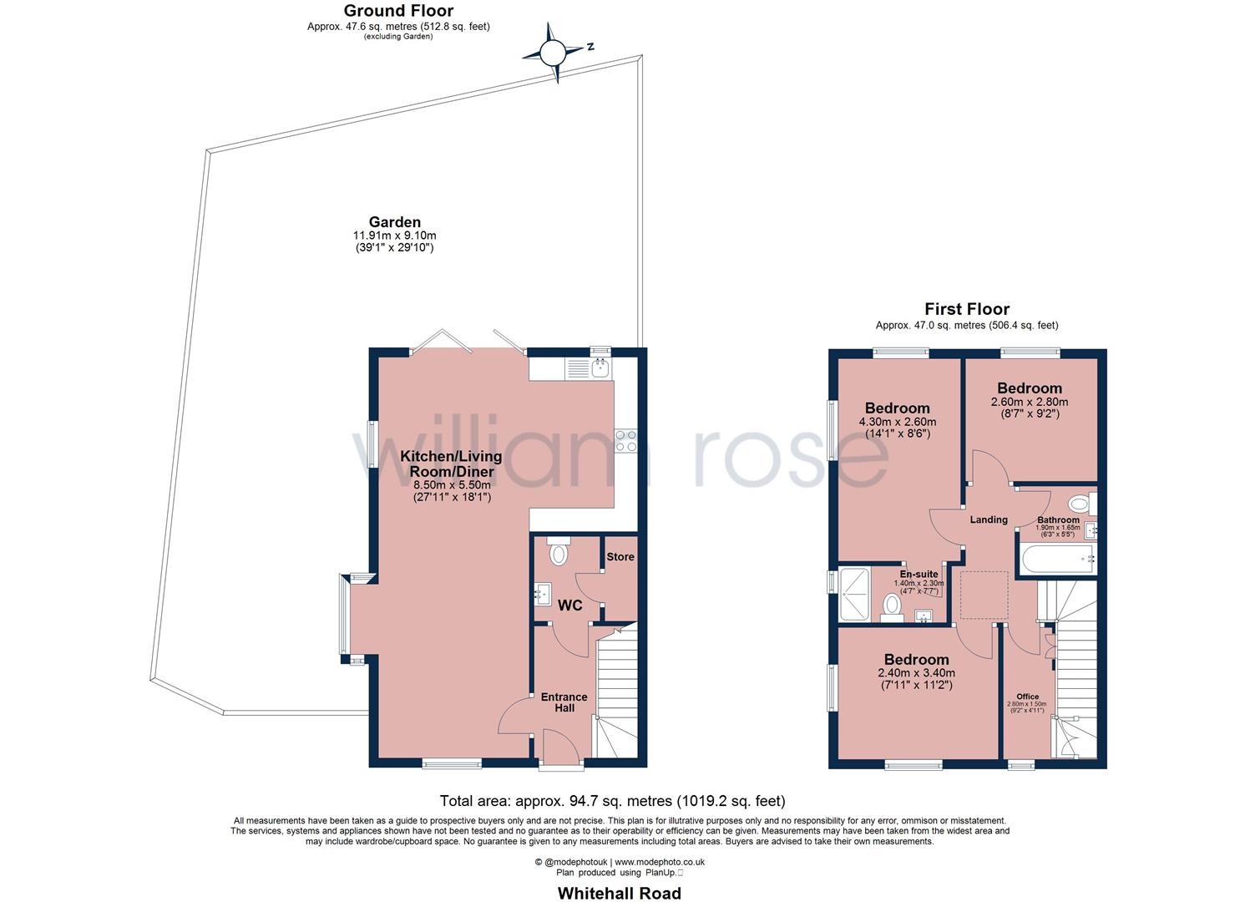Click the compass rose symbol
coord(553,53)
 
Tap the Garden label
coord(395,222)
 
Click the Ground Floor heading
coord(398,11)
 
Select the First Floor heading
coord(967,309)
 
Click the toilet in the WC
coord(558,551)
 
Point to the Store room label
coord(620,556)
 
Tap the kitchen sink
coord(600,367)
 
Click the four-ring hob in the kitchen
coord(626,441)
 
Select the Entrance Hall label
coord(564,702)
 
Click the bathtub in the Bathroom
coord(1058,560)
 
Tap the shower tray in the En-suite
coord(854,594)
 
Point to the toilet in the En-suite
coord(892,608)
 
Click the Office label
coord(1027,697)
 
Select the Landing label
coord(989,519)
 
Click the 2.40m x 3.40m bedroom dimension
coord(916,673)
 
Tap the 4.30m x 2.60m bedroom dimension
coord(898,422)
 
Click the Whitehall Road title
coord(620,893)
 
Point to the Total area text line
coord(612,801)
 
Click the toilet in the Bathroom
coord(1083,504)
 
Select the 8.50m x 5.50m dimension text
coord(453,485)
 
